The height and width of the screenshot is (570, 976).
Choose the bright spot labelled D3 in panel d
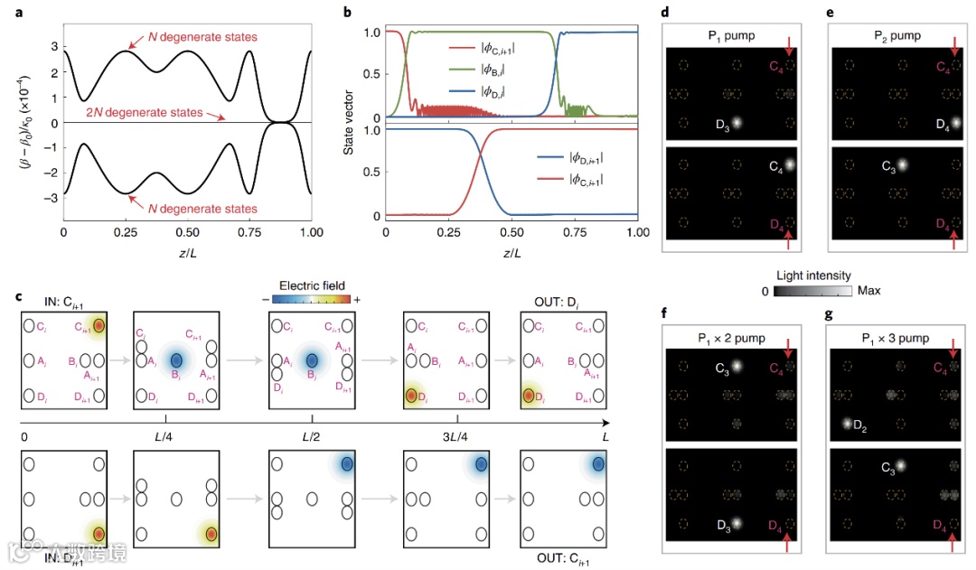point(737,122)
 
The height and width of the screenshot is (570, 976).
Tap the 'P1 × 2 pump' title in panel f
point(729,338)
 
